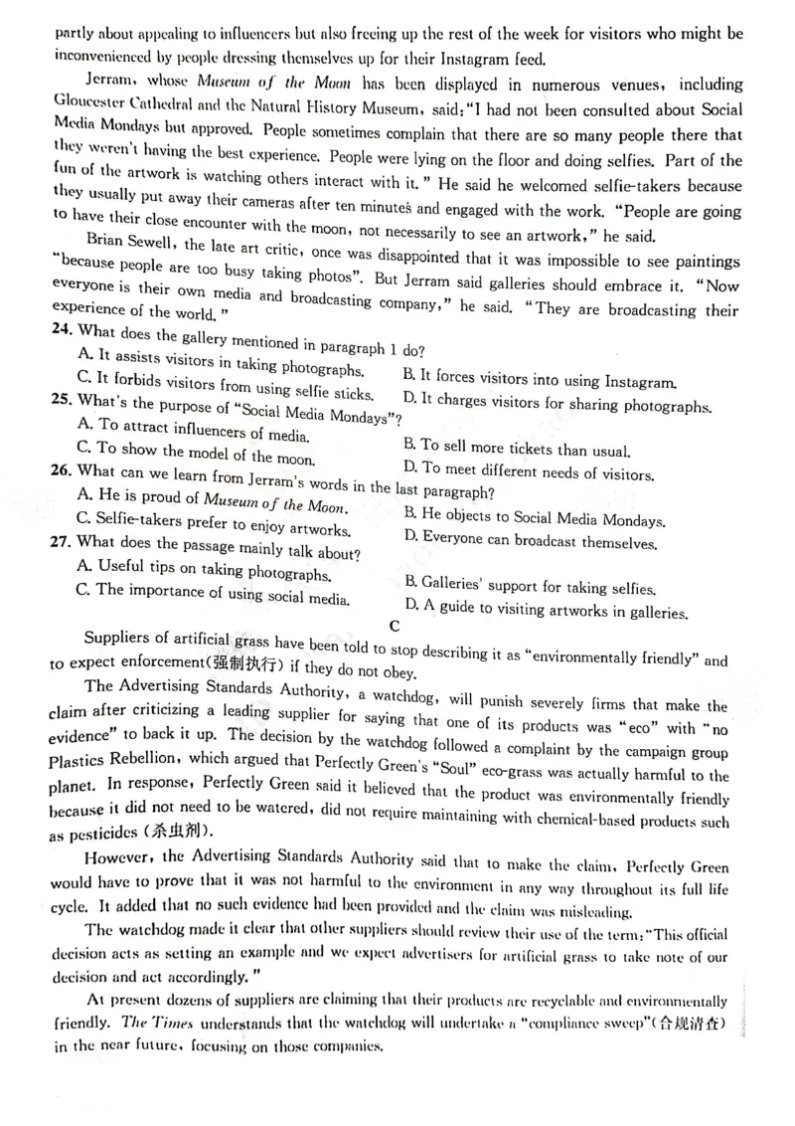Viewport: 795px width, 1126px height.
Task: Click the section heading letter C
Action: (396, 626)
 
